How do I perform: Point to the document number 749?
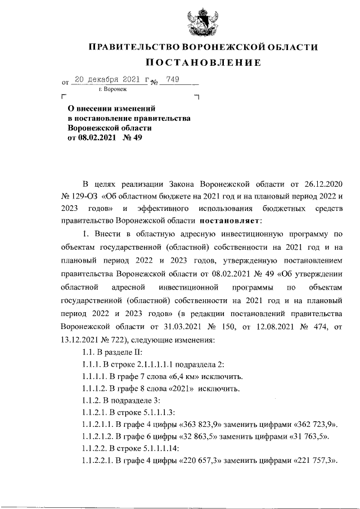click(172, 80)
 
